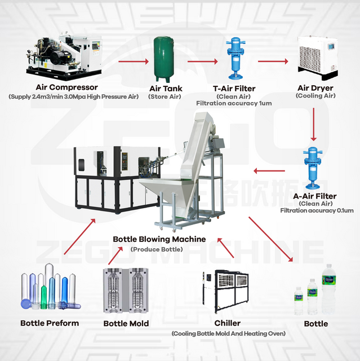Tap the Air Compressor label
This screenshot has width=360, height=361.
(66, 87)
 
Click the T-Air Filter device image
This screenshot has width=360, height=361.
(233, 59)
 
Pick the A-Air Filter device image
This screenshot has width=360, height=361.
(311, 167)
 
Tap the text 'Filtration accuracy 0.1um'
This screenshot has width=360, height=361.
(316, 210)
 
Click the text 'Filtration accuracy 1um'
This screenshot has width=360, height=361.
(234, 103)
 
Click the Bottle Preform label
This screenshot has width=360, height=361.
(50, 323)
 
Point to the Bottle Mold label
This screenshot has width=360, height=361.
(126, 323)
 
